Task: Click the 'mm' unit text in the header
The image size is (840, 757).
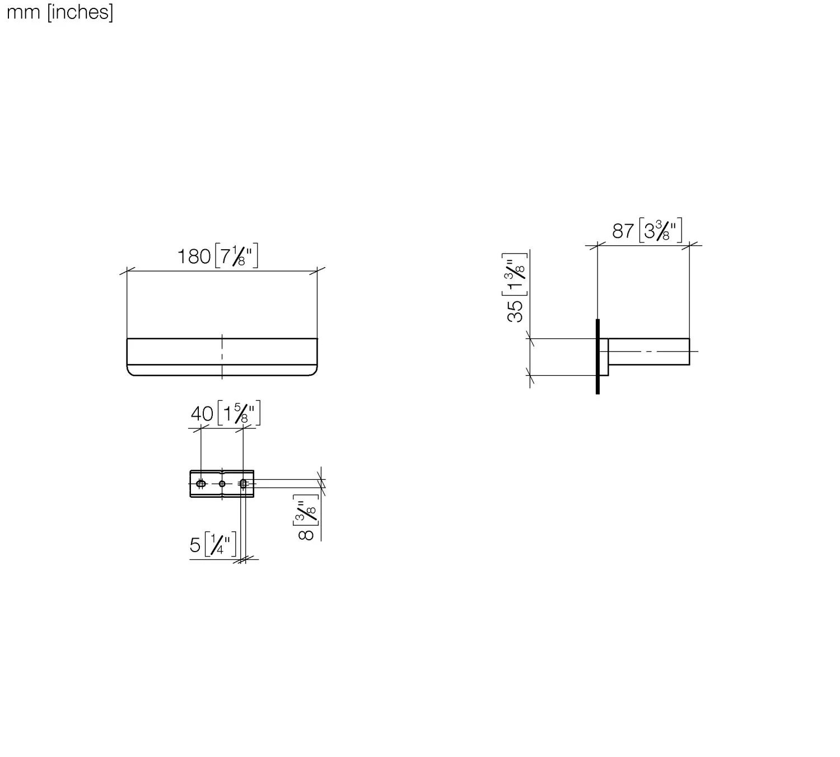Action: coord(24,13)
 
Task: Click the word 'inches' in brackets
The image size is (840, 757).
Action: coord(80,12)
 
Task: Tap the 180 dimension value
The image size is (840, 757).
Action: coord(194,256)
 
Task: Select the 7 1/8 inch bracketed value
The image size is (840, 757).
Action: coord(236,255)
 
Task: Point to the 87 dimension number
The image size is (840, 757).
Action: coord(623,231)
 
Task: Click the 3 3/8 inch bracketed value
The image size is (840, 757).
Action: coord(661,230)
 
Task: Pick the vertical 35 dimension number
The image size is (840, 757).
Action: coord(515,311)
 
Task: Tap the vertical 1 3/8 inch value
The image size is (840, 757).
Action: coord(515,275)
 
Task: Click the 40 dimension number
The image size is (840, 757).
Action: coord(202,414)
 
